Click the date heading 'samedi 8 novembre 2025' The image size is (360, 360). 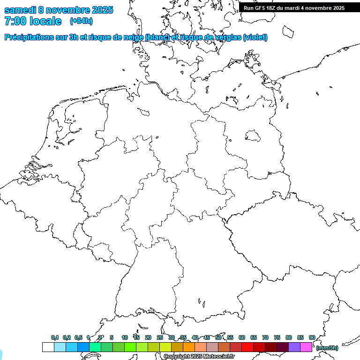click(59, 10)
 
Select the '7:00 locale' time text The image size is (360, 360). click(33, 21)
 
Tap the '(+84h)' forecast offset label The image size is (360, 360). click(81, 21)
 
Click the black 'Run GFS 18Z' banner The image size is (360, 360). click(294, 7)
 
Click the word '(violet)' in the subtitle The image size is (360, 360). click(255, 37)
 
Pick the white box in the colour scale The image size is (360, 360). click(48, 347)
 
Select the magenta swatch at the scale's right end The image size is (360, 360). click(306, 347)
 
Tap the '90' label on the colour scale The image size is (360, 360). click(312, 337)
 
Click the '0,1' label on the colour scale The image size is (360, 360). click(55, 337)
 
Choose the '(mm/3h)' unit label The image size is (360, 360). click(327, 348)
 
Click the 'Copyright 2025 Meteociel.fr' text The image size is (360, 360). click(199, 357)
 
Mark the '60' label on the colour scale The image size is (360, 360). click(242, 337)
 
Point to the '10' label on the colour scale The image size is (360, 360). click(125, 337)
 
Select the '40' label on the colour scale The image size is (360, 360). click(195, 337)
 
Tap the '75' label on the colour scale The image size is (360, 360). click(277, 337)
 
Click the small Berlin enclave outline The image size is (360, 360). click(254, 135)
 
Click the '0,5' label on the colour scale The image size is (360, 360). click(78, 337)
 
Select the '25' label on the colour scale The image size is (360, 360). click(160, 337)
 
